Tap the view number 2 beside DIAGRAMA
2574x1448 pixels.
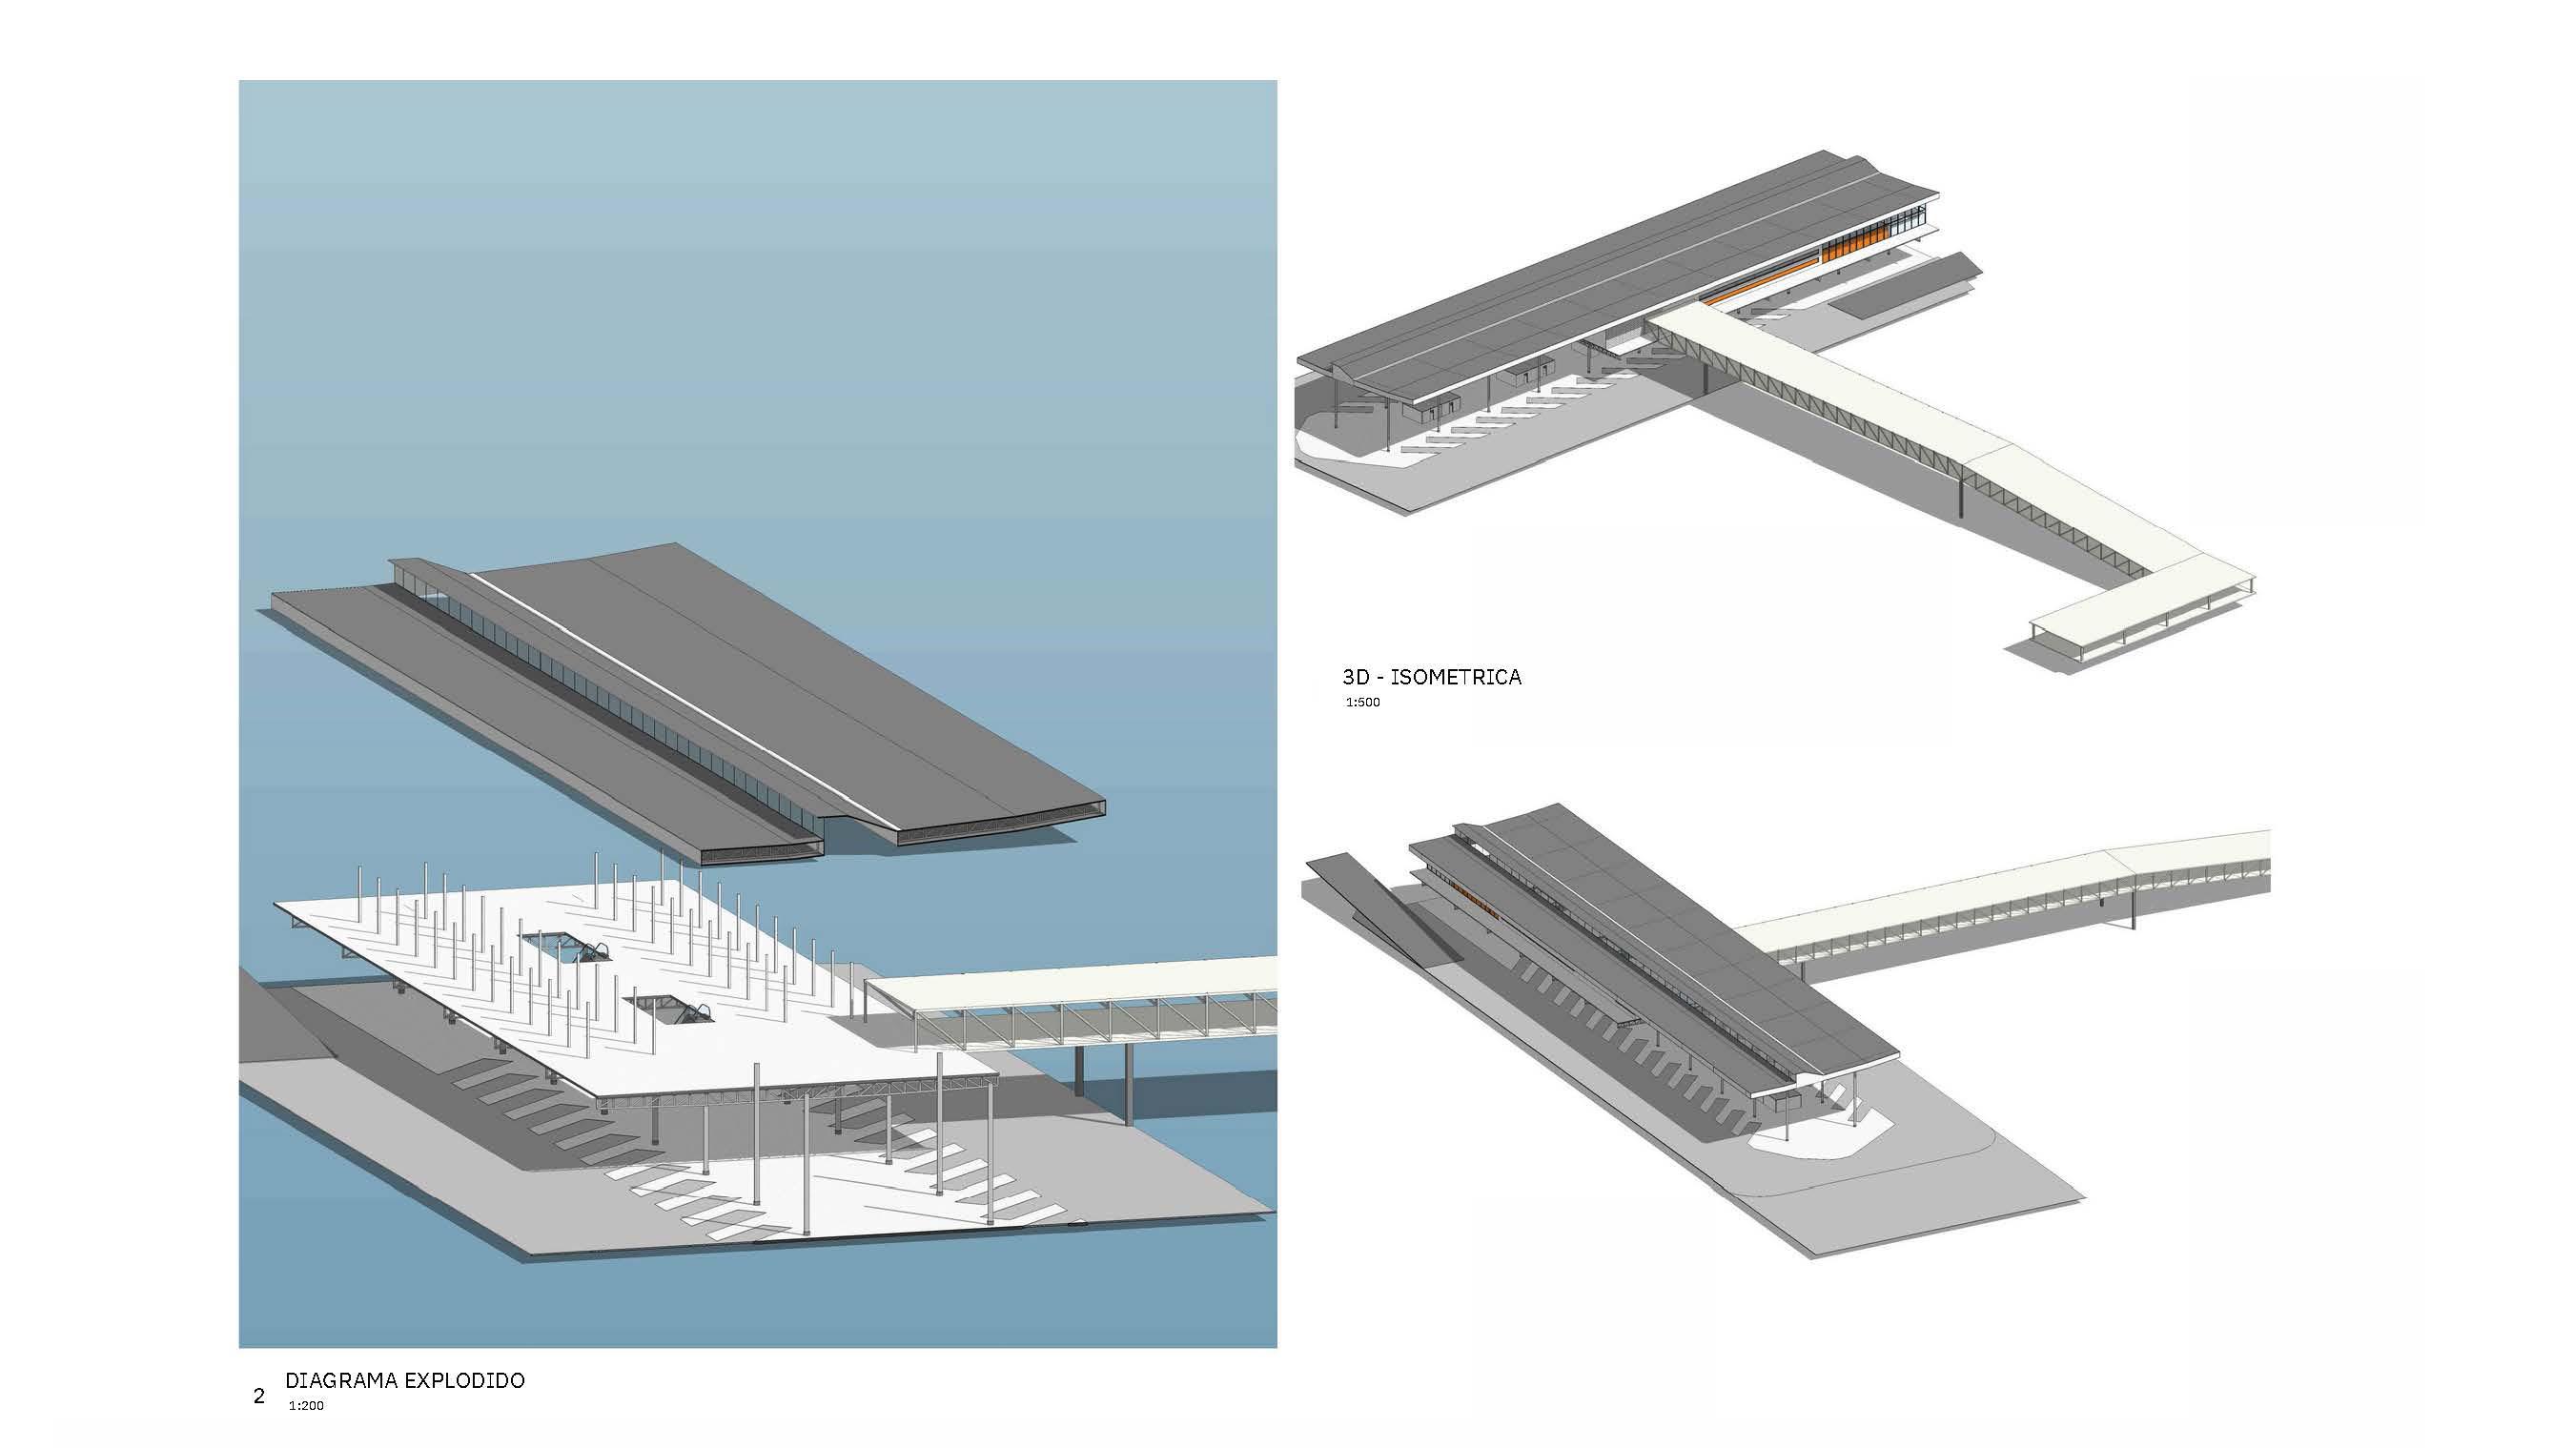(x=258, y=1396)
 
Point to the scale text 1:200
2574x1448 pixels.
(x=307, y=1406)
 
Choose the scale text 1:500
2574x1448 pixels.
(x=1362, y=702)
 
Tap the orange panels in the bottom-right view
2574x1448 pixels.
(x=1475, y=896)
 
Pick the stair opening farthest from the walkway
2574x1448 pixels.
(x=564, y=945)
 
